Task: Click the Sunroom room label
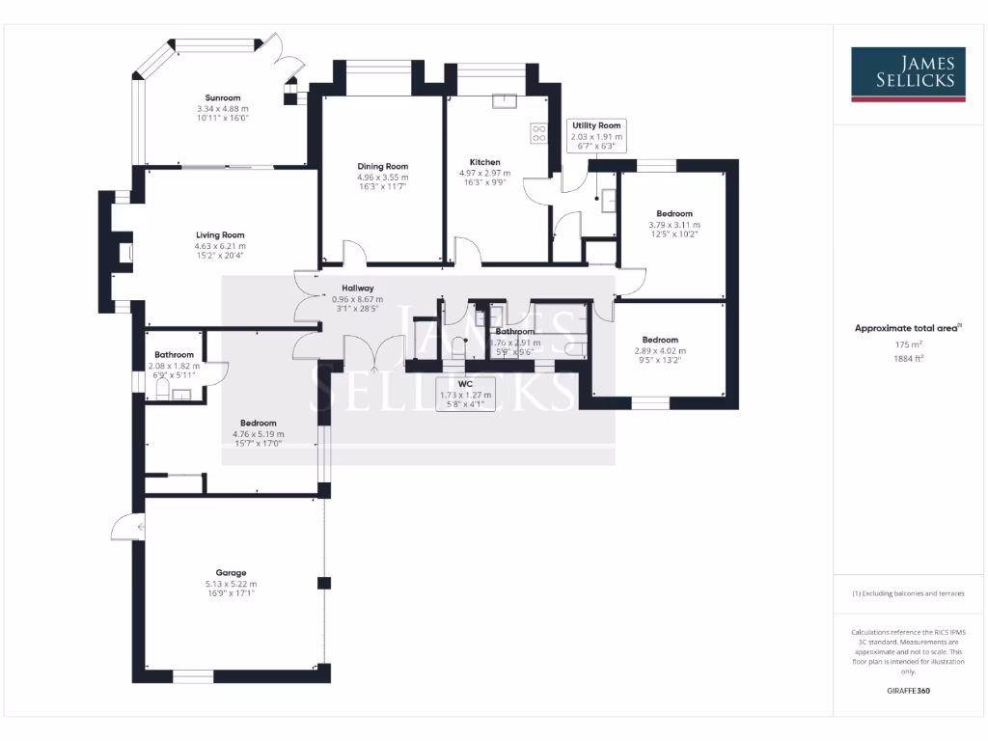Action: pos(223,97)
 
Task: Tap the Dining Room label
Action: pos(383,166)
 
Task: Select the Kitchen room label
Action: pos(484,161)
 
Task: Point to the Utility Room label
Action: pos(596,125)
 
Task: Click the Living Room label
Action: pos(220,234)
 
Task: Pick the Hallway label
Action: pos(357,288)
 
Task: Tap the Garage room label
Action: pos(231,572)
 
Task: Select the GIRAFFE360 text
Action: pos(907,691)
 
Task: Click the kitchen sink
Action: pos(505,100)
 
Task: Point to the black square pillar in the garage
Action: pos(324,583)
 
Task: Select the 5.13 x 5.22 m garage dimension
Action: pos(231,584)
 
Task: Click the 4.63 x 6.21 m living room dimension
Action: pos(220,246)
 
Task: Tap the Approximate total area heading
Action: pos(907,328)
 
